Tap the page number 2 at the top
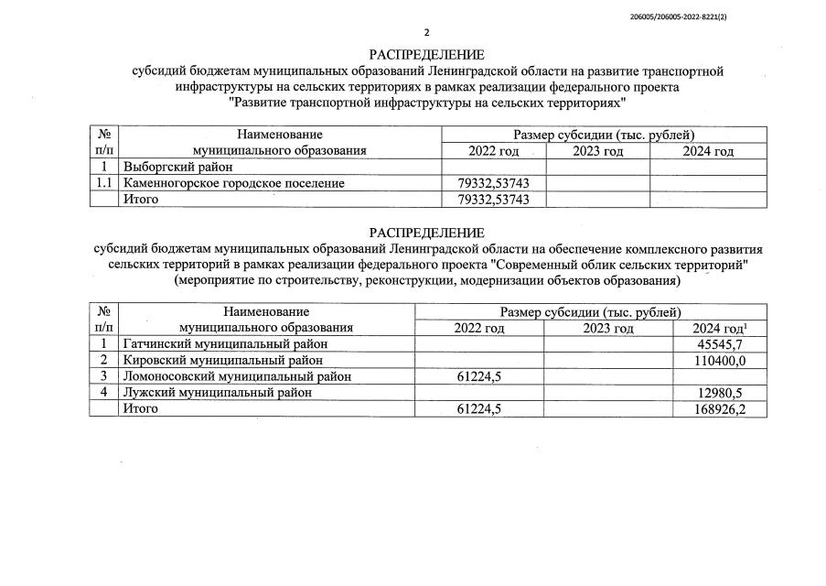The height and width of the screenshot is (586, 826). (425, 32)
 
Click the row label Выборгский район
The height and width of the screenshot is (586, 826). (178, 168)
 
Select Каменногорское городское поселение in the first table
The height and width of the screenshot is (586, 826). (234, 184)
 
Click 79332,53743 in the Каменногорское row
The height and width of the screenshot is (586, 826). (494, 184)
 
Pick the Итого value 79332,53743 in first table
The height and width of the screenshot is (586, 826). (494, 200)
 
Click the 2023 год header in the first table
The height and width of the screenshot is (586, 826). (598, 151)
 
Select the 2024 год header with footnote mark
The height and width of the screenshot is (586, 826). (720, 328)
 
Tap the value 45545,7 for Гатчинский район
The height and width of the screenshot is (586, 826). (722, 344)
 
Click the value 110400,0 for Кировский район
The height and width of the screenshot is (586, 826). (718, 361)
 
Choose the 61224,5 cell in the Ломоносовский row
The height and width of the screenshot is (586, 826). (479, 376)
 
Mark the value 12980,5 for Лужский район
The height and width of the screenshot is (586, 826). (722, 393)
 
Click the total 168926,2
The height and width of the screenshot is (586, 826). (718, 409)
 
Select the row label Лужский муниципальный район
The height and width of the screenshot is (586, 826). (217, 393)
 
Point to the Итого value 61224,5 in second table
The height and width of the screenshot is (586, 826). (479, 409)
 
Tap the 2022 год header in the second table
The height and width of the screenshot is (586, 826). (479, 328)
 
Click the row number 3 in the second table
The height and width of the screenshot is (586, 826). (104, 376)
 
